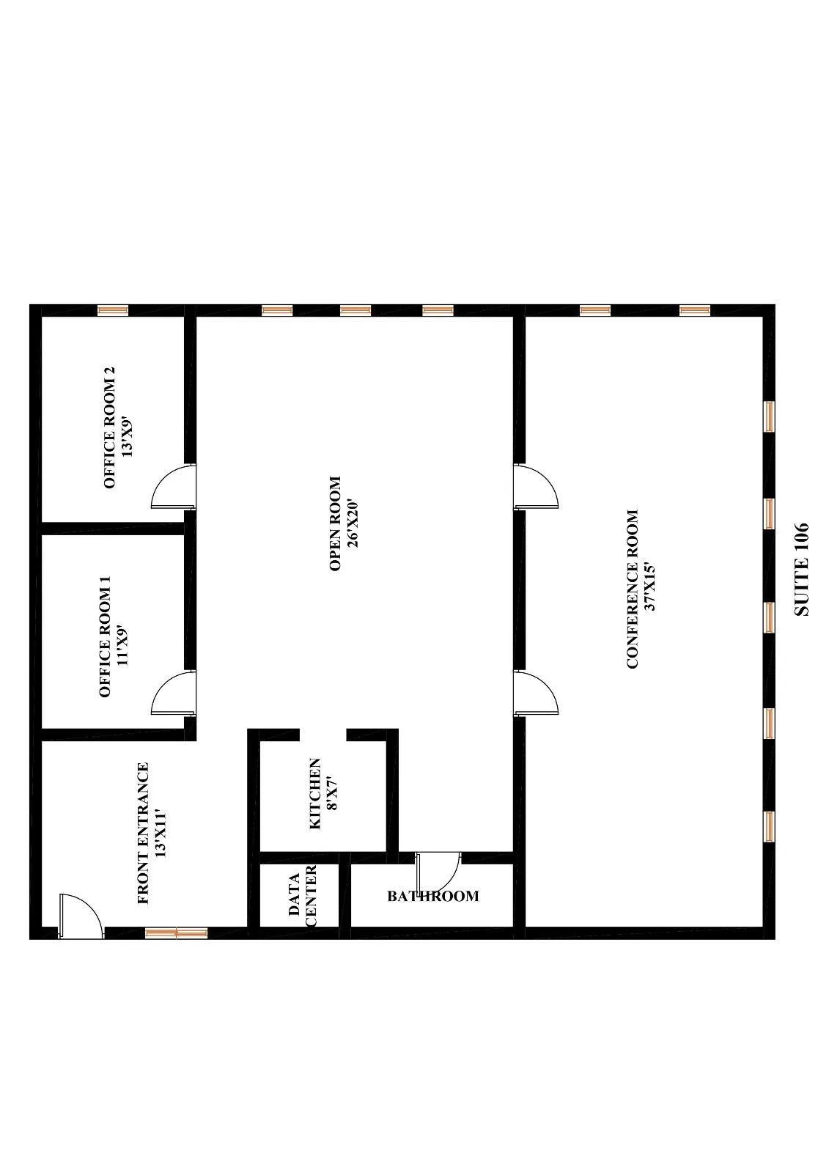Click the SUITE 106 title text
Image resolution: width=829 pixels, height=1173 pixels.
coord(801,569)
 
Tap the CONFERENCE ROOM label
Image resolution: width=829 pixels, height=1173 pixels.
coord(633,589)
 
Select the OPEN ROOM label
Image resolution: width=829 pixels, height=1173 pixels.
coord(336,523)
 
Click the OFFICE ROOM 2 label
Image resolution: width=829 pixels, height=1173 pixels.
coord(110,428)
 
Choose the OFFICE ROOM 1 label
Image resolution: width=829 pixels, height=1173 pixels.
coord(105,636)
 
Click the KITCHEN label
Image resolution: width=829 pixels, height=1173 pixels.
coord(315,793)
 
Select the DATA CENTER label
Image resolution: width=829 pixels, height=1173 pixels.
coord(302,900)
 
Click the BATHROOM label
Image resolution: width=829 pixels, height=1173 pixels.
coord(433,896)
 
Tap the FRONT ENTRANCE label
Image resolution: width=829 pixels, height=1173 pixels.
coord(143,833)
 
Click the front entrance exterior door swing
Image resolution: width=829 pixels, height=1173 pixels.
coord(79,915)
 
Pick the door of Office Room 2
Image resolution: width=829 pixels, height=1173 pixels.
coord(173,487)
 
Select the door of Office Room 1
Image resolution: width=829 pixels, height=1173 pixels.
coord(173,693)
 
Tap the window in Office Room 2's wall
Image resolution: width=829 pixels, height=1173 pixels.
coord(113,310)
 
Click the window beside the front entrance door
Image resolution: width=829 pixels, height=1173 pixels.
coord(176,933)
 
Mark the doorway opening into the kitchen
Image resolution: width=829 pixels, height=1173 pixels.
coord(323,734)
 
